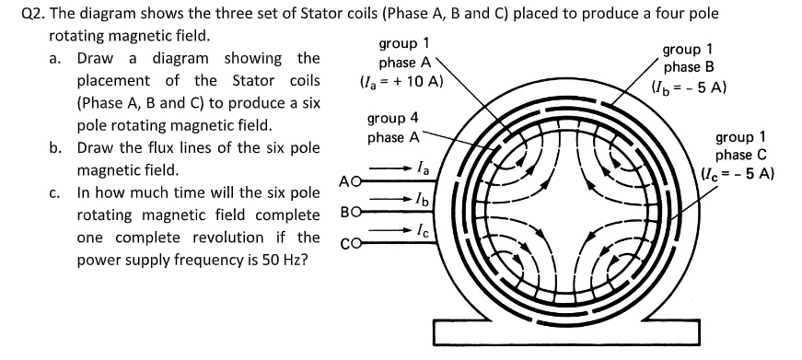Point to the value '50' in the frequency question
pyautogui.click(x=253, y=261)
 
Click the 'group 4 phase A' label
pyautogui.click(x=393, y=128)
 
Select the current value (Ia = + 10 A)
pyautogui.click(x=401, y=81)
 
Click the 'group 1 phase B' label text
pyautogui.click(x=688, y=58)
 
